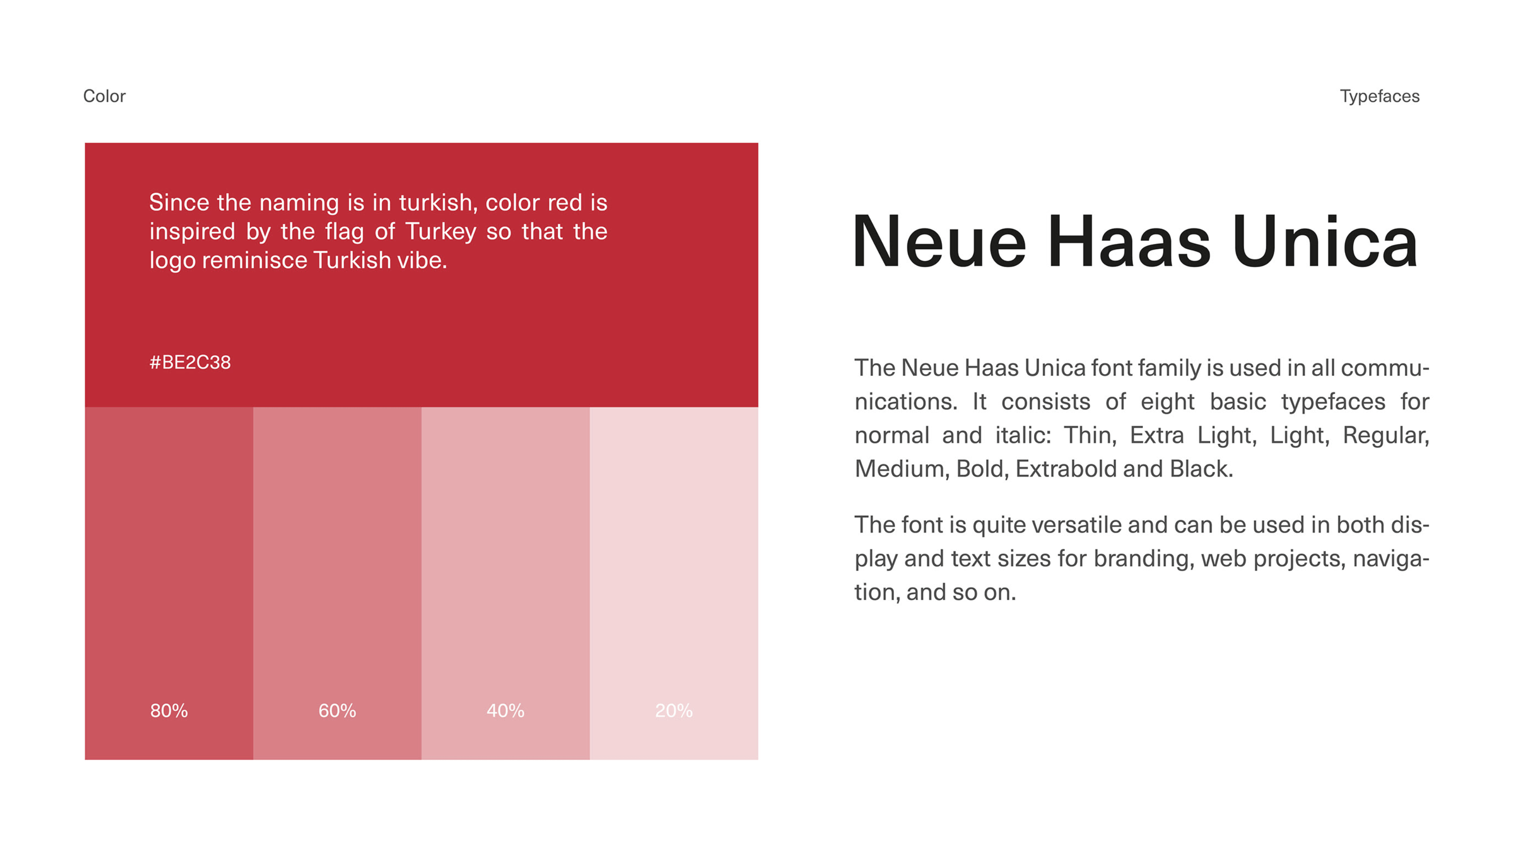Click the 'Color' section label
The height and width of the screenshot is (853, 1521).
(104, 96)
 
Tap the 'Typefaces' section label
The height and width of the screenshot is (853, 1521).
(1379, 96)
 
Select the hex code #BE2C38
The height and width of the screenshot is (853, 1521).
(190, 362)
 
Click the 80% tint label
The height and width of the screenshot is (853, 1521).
(169, 710)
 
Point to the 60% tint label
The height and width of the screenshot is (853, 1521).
(337, 710)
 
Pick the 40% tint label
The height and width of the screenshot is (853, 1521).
(505, 710)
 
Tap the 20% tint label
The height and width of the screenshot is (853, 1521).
(674, 710)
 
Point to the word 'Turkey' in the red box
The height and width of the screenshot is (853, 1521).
(440, 231)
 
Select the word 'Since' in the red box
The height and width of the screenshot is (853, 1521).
(179, 202)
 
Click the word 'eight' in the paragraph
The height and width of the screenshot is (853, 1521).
(1167, 402)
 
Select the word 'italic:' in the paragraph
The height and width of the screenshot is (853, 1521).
(1023, 435)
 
